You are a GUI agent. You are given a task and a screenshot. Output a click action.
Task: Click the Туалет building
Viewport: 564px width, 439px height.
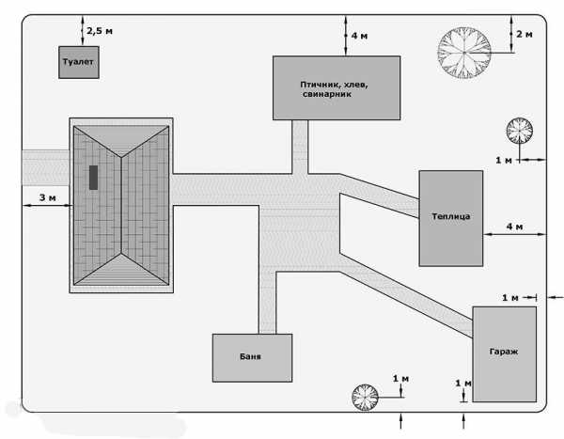(79, 62)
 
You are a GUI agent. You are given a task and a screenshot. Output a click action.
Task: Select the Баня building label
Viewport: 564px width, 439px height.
(250, 356)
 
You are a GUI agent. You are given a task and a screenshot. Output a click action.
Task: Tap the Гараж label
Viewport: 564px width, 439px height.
(504, 352)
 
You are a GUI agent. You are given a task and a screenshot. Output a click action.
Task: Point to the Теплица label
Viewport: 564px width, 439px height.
(450, 216)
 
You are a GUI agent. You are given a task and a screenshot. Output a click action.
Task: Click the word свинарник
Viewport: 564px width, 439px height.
(327, 94)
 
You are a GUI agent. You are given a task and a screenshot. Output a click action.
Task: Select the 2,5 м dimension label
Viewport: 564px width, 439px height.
(100, 31)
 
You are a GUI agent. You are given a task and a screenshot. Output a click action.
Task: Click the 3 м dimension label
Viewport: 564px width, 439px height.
(48, 197)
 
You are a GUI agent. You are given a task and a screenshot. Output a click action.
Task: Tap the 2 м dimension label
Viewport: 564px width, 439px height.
(525, 34)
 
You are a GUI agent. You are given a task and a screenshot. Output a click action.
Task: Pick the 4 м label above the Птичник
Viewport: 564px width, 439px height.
(359, 36)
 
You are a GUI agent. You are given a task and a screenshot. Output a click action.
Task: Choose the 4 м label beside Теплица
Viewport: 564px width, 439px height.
(514, 227)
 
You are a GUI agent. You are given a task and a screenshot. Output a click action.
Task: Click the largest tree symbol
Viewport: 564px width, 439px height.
(464, 53)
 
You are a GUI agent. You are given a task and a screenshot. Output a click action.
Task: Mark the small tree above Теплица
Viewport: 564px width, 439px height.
(520, 131)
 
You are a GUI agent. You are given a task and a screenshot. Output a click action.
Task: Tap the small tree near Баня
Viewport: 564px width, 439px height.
(365, 398)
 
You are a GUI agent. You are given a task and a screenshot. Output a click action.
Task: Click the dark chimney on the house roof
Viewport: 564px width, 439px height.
(93, 178)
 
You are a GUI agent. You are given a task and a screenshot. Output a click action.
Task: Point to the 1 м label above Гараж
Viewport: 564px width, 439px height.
(510, 298)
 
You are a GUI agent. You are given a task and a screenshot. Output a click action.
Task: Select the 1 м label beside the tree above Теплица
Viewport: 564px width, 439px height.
(504, 160)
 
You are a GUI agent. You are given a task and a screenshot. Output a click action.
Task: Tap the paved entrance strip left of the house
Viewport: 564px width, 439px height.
(46, 167)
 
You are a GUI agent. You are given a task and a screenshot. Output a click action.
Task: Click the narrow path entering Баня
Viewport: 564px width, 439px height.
(268, 303)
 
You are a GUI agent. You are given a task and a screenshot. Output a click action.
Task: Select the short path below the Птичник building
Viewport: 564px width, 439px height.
(300, 147)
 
